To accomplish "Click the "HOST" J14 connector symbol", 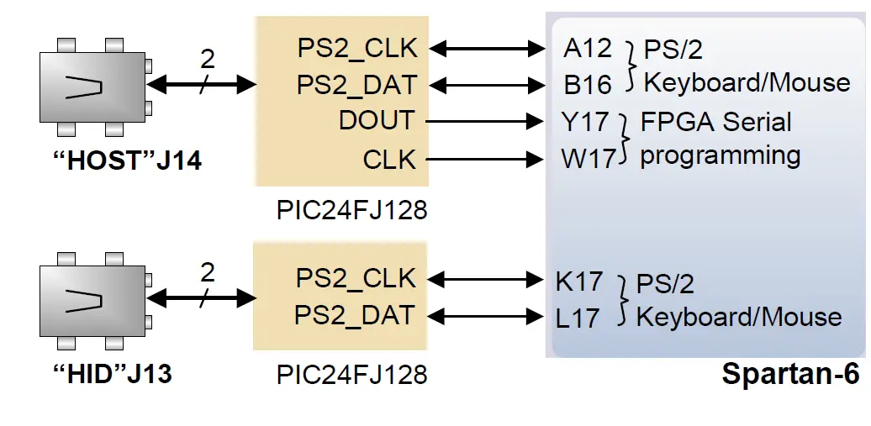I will [93, 87].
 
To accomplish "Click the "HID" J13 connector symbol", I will [93, 299].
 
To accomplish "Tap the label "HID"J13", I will [112, 372].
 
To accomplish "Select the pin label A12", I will [588, 48].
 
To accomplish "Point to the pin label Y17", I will [585, 122].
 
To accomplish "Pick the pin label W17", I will [589, 158].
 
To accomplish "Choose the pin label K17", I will [579, 281].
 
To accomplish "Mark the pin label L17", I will [578, 318].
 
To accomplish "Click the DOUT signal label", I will [377, 121].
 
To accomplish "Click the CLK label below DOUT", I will [389, 158].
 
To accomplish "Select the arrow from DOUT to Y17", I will [485, 122].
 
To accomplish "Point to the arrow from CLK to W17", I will [485, 158].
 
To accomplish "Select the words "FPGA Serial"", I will [715, 122].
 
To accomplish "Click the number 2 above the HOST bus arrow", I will [207, 59].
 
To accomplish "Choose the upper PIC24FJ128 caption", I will [351, 210].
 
